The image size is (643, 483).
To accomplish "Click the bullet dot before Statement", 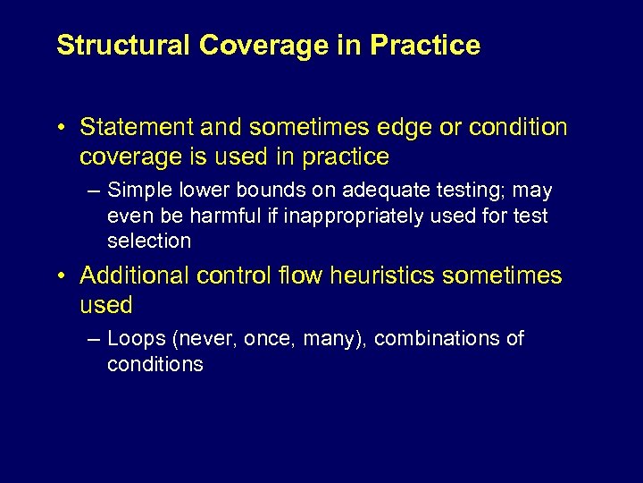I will (60, 128).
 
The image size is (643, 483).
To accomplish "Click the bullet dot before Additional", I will (60, 275).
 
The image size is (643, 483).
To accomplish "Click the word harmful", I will (223, 216).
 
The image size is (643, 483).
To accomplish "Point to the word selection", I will (149, 241).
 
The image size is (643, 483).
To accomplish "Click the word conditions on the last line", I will (154, 365).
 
